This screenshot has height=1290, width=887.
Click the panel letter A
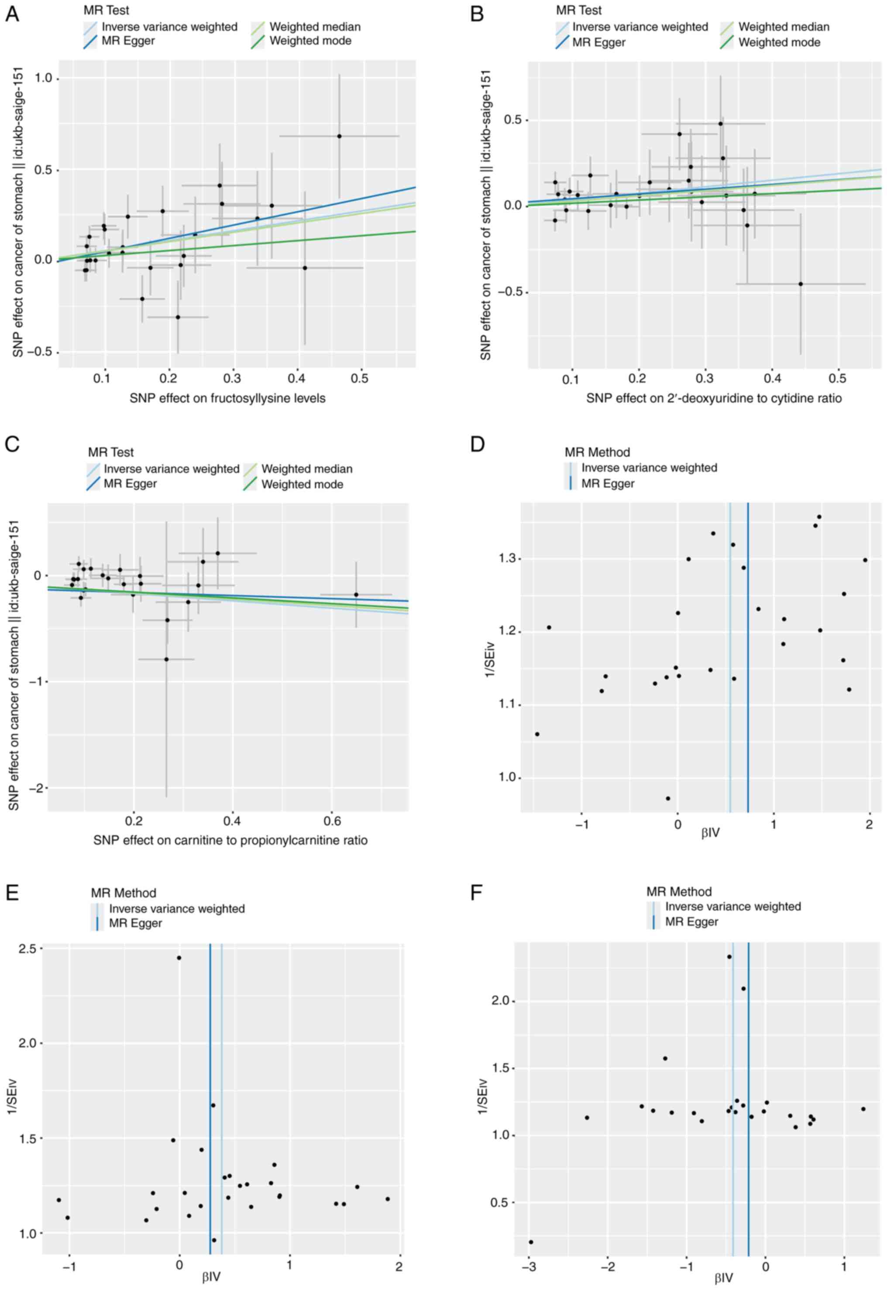(x=12, y=14)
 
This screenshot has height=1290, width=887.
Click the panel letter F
(x=476, y=893)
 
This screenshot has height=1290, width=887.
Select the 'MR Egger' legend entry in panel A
(x=128, y=41)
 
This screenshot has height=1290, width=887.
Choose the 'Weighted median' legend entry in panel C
(x=306, y=469)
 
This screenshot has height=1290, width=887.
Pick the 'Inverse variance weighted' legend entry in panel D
(x=649, y=468)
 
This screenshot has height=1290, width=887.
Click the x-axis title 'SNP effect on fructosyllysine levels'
(x=227, y=398)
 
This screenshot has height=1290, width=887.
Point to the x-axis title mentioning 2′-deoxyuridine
(x=714, y=398)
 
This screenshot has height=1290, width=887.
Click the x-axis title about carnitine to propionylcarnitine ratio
(x=230, y=840)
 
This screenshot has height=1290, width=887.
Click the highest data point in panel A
(x=339, y=136)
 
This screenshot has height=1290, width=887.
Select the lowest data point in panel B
(x=800, y=284)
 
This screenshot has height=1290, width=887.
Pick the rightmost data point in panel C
(x=356, y=594)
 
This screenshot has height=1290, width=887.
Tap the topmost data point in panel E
(x=179, y=958)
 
